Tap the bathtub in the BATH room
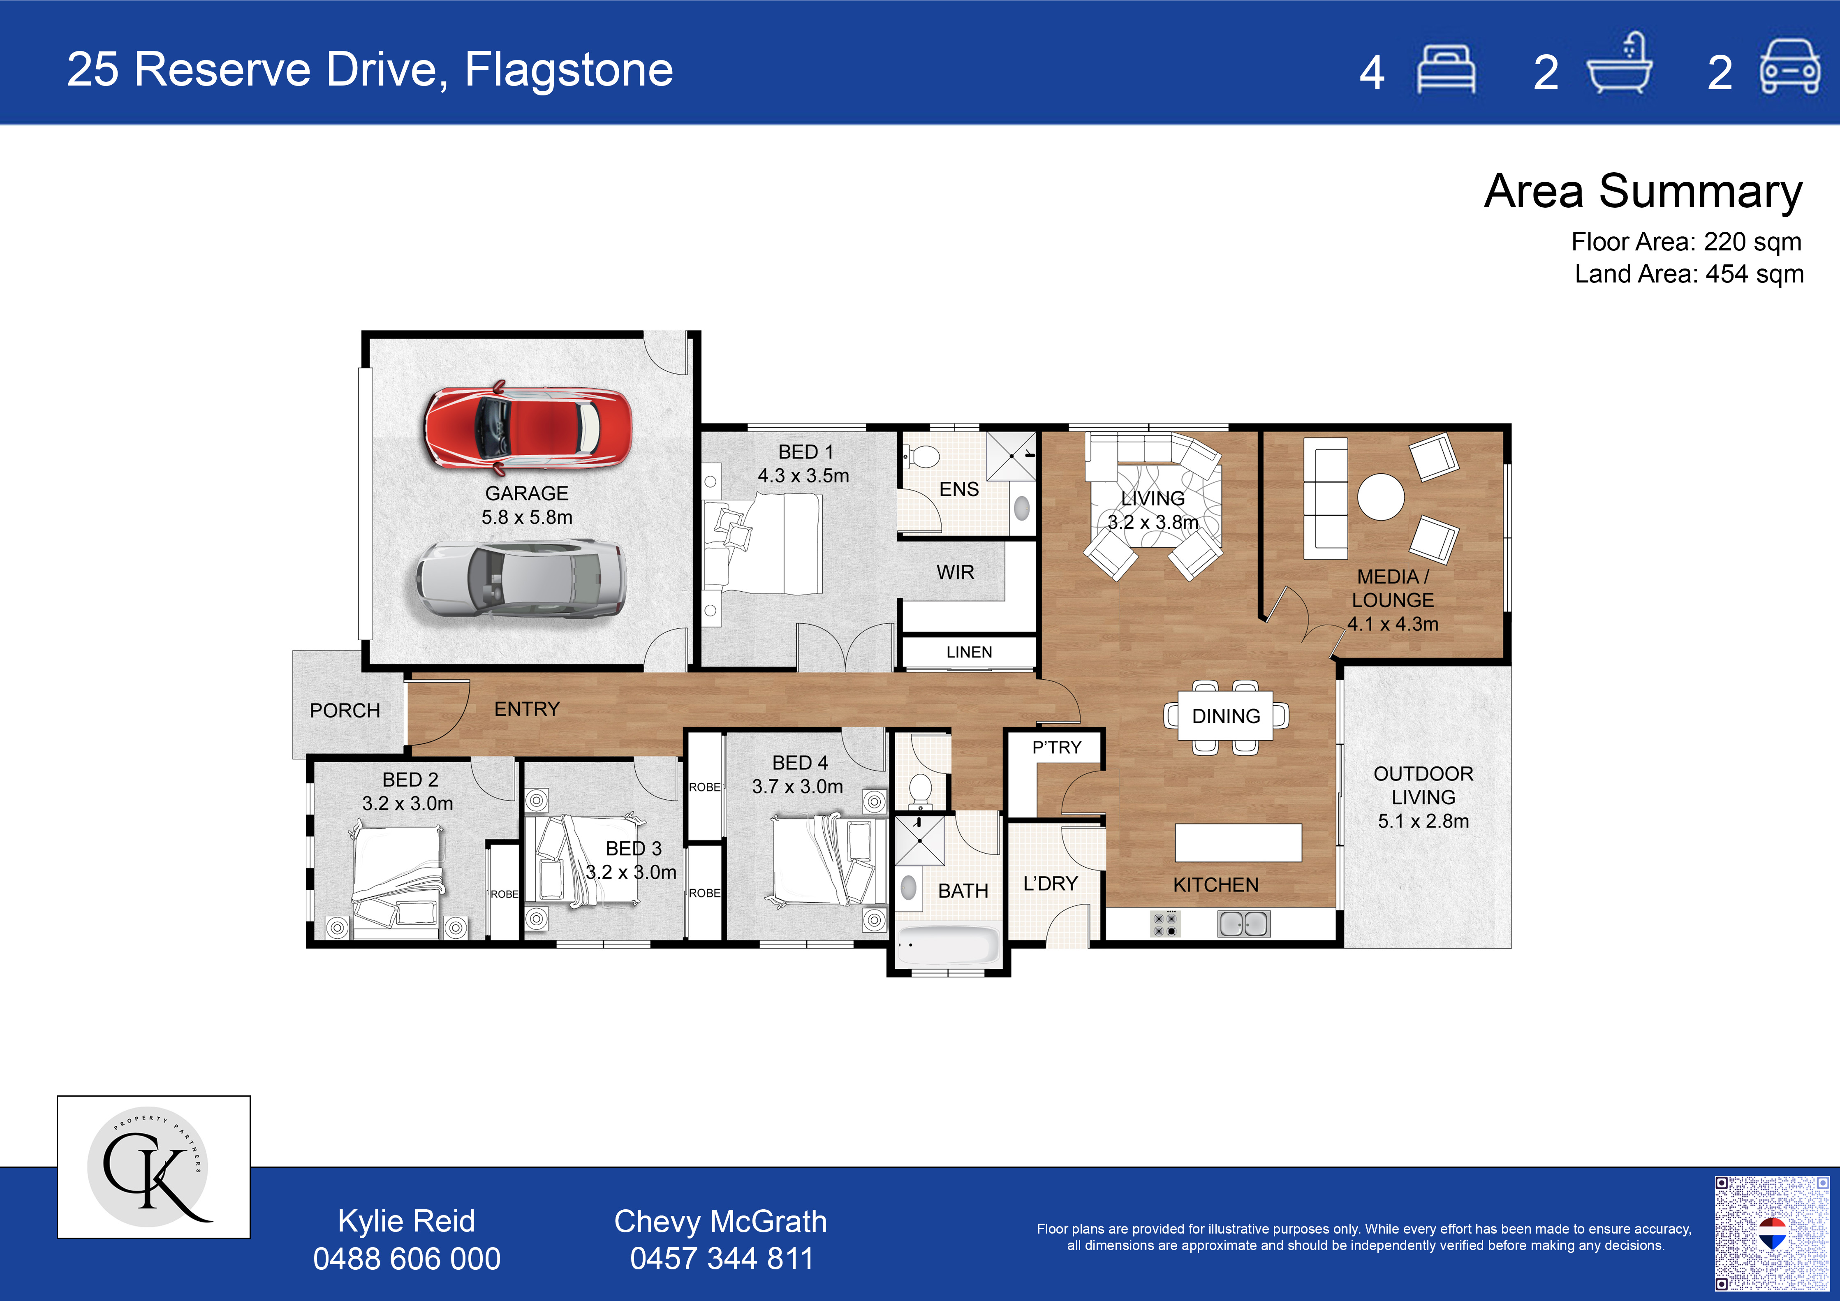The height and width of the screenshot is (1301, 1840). coord(948,945)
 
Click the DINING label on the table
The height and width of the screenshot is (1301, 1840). coord(1226,716)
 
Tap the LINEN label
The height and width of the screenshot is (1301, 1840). coord(969,652)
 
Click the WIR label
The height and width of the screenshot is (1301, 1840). coord(955,572)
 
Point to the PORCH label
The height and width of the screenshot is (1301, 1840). coord(345,710)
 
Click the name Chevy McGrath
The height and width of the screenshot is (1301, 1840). coord(720,1221)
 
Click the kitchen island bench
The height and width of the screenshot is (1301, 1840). coord(1238,843)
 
